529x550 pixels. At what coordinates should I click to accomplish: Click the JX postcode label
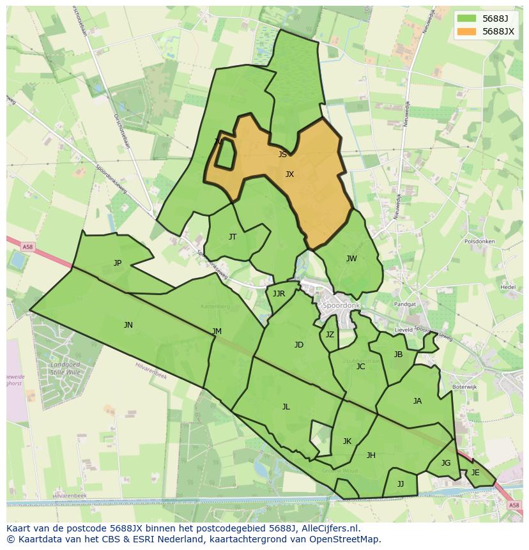click(289, 174)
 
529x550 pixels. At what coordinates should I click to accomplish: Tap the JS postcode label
click(282, 154)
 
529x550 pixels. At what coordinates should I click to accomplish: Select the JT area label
click(233, 237)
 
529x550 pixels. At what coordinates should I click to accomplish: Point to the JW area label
click(351, 259)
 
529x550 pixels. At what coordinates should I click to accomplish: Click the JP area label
click(118, 263)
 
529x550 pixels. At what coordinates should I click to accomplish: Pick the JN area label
click(128, 325)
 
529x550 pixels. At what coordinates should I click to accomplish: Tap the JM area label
click(217, 332)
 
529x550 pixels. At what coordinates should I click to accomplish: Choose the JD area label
click(299, 345)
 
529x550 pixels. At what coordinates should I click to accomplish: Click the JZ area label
click(330, 335)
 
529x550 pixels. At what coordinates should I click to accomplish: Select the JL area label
click(286, 407)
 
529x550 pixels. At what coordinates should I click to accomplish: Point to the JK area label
click(347, 441)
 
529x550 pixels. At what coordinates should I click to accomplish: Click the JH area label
click(371, 455)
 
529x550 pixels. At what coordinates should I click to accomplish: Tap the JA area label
click(417, 401)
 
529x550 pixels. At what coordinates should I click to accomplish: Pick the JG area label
click(446, 463)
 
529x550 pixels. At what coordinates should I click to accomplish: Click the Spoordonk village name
click(342, 306)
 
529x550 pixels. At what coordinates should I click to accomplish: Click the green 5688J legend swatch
click(467, 19)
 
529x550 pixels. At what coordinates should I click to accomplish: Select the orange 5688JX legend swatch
click(467, 31)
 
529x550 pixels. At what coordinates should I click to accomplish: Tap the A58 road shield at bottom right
click(514, 505)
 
